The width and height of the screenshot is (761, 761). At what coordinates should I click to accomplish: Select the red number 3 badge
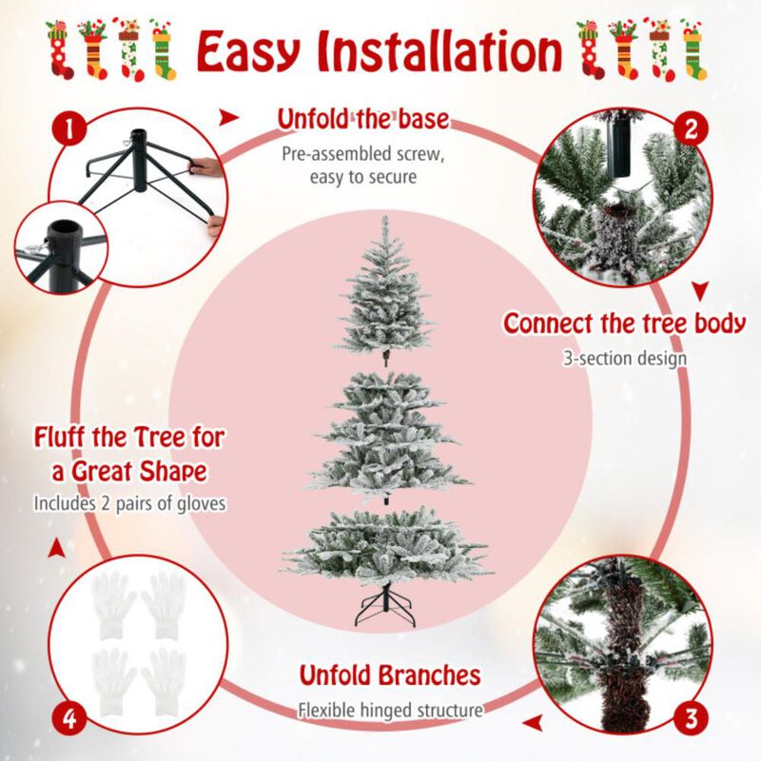click(x=692, y=715)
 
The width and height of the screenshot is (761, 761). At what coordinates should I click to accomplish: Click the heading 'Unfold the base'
click(x=362, y=120)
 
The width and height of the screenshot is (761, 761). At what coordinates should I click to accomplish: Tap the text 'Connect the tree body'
click(x=625, y=322)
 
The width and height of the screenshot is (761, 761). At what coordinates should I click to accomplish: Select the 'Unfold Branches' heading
click(x=390, y=675)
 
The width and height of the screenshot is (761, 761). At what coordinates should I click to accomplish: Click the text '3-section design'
click(x=625, y=359)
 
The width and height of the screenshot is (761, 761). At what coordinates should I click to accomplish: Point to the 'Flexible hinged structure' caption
click(x=390, y=709)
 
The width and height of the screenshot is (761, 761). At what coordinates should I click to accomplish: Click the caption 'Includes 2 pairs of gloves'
click(x=129, y=503)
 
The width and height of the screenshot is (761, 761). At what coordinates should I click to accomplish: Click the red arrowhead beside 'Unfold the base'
click(x=228, y=118)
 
